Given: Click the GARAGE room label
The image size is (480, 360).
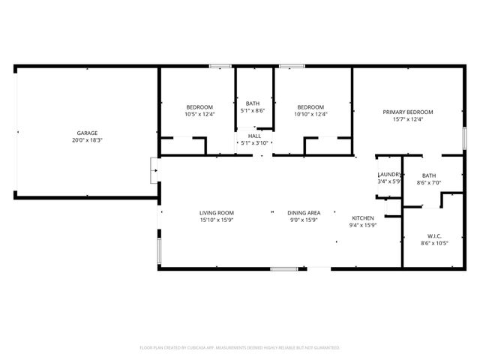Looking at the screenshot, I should pyautogui.click(x=87, y=133).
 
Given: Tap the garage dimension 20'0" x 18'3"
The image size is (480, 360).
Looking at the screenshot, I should pyautogui.click(x=87, y=140).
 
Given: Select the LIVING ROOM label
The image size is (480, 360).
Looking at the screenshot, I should pyautogui.click(x=217, y=212).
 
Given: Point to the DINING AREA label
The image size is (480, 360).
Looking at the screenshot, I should pyautogui.click(x=305, y=212).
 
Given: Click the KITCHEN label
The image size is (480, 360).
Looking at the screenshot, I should pyautogui.click(x=362, y=217).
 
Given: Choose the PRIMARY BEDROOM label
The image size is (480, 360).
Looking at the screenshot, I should pyautogui.click(x=408, y=112).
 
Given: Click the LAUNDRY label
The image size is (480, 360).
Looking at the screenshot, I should pyautogui.click(x=389, y=174).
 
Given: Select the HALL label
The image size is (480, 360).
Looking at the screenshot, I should pyautogui.click(x=254, y=136).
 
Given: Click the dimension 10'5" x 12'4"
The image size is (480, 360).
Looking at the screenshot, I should pyautogui.click(x=199, y=114).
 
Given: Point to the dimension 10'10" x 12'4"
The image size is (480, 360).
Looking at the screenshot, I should pyautogui.click(x=310, y=114).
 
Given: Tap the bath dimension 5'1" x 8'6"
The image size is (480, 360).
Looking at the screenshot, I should pyautogui.click(x=253, y=110).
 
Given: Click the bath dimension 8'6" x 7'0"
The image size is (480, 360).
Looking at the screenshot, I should pyautogui.click(x=428, y=182).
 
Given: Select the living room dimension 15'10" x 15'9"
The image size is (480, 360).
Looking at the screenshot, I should pyautogui.click(x=217, y=220).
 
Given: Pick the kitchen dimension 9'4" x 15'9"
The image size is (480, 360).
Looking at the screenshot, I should pyautogui.click(x=362, y=225).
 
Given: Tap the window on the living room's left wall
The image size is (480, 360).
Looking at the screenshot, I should pyautogui.click(x=157, y=251).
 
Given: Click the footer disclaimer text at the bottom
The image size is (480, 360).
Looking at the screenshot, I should pyautogui.click(x=240, y=348).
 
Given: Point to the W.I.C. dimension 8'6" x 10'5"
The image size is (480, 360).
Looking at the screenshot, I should pyautogui.click(x=434, y=242).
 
